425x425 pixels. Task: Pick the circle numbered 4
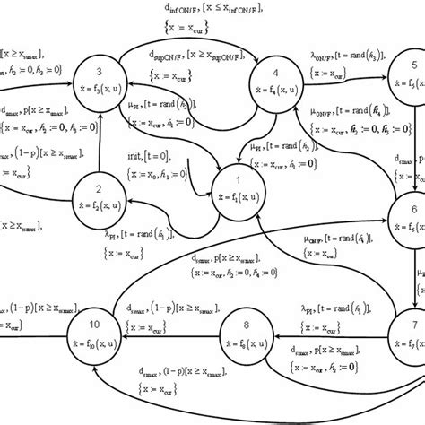[x=276, y=86]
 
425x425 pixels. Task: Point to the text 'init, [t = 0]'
[x=153, y=155]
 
